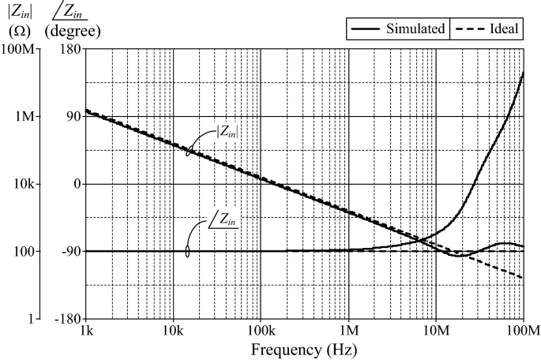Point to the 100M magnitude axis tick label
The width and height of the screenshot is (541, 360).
point(18,49)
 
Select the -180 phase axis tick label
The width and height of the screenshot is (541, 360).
point(67,319)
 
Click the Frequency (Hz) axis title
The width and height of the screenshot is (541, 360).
point(304,348)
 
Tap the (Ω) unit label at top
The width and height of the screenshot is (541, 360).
point(20,30)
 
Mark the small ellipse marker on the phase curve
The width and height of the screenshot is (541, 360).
point(188,251)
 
